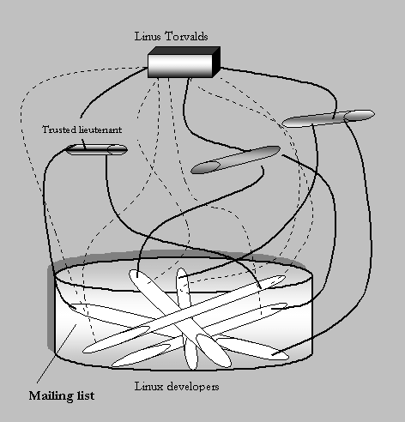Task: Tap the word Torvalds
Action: tap(186, 37)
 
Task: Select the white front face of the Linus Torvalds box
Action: tap(180, 66)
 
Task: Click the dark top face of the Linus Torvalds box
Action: tap(184, 51)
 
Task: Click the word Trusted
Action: tap(59, 130)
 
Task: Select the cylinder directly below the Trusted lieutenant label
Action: tap(97, 150)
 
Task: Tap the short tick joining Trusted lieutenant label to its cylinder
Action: tap(84, 144)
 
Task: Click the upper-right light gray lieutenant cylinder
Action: tap(328, 118)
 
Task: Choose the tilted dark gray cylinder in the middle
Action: tap(235, 160)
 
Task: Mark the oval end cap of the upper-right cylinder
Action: tap(360, 115)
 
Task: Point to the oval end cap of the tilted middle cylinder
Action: tap(205, 167)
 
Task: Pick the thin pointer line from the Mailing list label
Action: tap(57, 353)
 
